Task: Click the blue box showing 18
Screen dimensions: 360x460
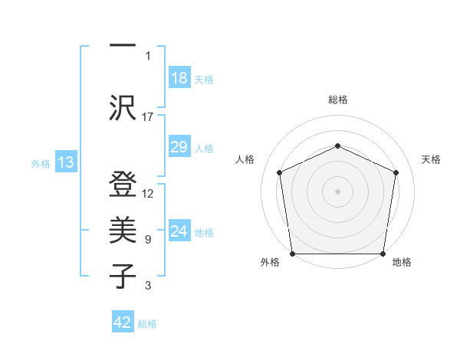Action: tap(179, 78)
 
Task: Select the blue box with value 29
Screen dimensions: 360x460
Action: tap(179, 147)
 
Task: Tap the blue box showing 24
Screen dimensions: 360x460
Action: tap(179, 231)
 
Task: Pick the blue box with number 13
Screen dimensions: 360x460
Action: tap(65, 162)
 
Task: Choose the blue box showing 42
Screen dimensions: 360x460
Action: tap(122, 322)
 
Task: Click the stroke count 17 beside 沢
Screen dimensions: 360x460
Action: tap(148, 116)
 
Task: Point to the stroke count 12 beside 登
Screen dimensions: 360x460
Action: tap(148, 194)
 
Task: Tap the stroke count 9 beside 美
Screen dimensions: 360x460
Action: tap(148, 240)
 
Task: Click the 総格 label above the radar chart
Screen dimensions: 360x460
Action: tap(337, 100)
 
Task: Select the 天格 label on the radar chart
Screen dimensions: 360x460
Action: tap(431, 159)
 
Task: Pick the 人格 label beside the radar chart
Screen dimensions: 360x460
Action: tap(245, 159)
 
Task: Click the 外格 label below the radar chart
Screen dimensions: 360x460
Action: tap(270, 263)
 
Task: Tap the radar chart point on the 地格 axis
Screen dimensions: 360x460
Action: tap(383, 254)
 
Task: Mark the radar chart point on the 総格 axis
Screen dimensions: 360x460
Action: tap(337, 146)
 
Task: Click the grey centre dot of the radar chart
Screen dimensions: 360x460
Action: tap(337, 191)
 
